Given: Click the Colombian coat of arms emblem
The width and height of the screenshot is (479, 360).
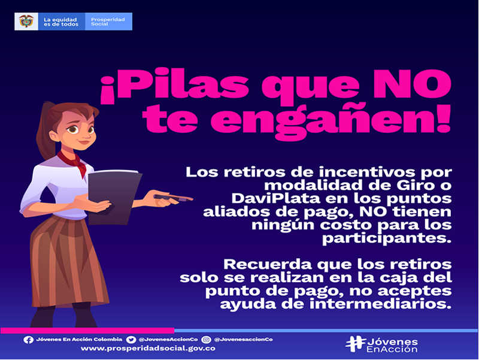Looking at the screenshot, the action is [26, 22].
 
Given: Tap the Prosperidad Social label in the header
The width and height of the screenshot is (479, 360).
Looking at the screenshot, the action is [108, 22].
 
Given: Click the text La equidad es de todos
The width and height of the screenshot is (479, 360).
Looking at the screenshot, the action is [61, 22].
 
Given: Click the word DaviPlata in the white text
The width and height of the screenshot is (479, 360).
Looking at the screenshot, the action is [275, 198].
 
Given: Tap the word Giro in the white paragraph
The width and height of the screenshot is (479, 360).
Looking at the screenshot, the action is [416, 185].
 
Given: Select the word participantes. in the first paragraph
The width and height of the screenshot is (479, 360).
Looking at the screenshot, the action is [387, 238].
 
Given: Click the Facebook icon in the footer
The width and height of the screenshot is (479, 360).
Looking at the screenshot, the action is [28, 340].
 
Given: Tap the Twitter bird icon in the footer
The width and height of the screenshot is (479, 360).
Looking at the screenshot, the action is [131, 340].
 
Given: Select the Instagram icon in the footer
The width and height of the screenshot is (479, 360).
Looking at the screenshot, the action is [206, 340].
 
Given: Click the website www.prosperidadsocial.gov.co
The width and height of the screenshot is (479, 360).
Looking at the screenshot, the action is [148, 349].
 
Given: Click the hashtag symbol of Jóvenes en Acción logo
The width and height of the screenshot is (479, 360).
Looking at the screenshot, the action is [356, 344].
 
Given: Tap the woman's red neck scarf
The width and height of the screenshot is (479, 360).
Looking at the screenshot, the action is [74, 161].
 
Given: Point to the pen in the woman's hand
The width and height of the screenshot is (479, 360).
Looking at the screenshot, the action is [173, 198].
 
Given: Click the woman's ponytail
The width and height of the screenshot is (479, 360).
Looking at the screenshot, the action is [44, 134].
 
